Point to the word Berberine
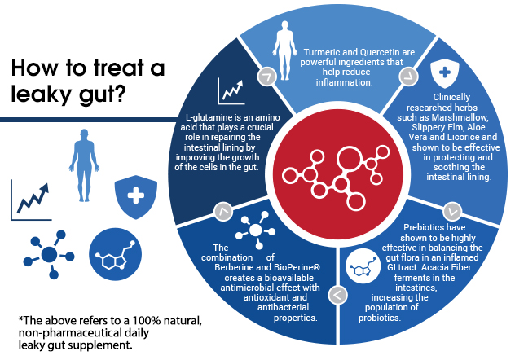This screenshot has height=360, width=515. click(x=233, y=267)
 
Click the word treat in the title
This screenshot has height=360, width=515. click(x=119, y=68)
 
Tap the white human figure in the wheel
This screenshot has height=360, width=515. click(x=284, y=50)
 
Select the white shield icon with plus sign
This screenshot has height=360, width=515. click(x=445, y=73)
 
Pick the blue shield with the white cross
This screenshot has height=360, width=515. click(x=135, y=197)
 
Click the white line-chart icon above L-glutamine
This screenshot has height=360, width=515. click(x=231, y=91)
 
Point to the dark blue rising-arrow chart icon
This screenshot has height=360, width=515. click(x=31, y=200)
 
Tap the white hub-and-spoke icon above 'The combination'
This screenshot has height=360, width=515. click(x=256, y=230)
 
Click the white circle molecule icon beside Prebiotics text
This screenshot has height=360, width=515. click(x=363, y=266)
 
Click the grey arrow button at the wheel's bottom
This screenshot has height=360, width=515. click(x=337, y=295)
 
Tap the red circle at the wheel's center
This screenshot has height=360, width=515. click(x=338, y=174)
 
